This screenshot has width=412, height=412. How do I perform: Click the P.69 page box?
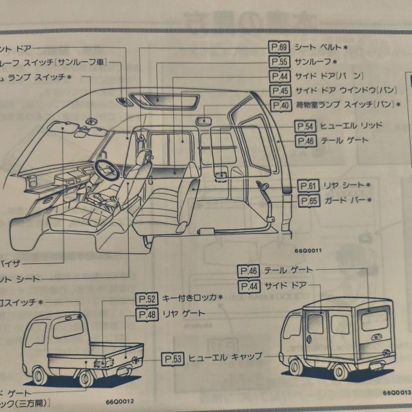279,48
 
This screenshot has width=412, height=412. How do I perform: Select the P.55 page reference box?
279,62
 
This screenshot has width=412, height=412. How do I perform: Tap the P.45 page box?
279,91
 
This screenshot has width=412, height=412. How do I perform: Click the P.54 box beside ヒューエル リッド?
305,126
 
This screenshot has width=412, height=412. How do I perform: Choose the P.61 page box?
310,187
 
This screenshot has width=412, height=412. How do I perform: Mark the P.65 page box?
310,201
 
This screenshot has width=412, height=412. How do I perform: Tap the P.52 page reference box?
147,299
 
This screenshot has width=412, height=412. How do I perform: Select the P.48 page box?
147,314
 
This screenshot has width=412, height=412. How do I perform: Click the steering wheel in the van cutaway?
106,169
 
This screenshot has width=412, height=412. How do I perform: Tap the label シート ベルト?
319,48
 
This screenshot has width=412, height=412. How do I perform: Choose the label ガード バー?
344,201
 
